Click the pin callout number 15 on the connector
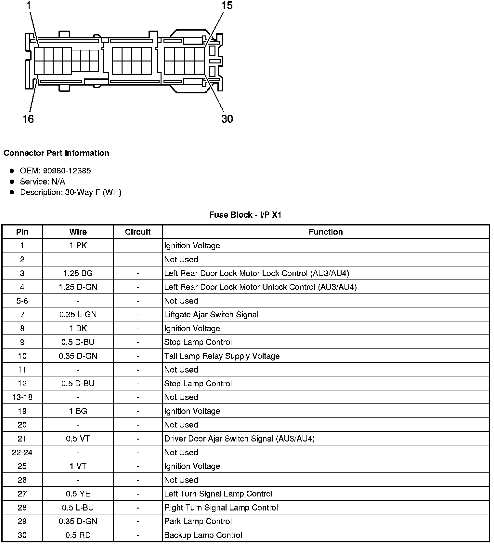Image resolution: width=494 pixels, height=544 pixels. [x=227, y=6]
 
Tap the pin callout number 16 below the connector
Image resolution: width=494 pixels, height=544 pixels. [x=28, y=119]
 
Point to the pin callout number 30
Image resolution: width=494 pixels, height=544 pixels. [x=227, y=119]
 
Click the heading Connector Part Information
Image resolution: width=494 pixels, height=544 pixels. [x=56, y=153]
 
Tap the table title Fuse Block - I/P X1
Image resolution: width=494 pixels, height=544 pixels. [x=245, y=215]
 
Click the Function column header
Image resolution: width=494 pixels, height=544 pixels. [x=326, y=232]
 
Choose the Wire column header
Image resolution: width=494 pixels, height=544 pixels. [x=78, y=232]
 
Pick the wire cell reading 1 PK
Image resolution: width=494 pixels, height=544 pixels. [x=78, y=246]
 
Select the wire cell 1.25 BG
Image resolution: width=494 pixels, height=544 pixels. [x=78, y=273]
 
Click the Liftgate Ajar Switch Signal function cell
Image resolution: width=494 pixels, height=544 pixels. [x=211, y=315]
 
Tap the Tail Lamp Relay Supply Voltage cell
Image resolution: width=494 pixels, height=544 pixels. [x=222, y=356]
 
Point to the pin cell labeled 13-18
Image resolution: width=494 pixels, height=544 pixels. [x=22, y=397]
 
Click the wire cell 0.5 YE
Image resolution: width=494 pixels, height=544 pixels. [x=78, y=494]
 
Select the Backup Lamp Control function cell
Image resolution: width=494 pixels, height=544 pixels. [x=203, y=535]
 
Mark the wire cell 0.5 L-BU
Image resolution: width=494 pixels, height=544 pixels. [x=78, y=508]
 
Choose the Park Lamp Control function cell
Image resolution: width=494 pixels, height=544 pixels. [x=198, y=521]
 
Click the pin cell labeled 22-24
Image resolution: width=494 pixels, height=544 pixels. [x=22, y=453]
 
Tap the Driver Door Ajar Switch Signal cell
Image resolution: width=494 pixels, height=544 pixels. [x=240, y=439]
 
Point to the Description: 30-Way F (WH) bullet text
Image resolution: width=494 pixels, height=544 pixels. [x=71, y=192]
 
